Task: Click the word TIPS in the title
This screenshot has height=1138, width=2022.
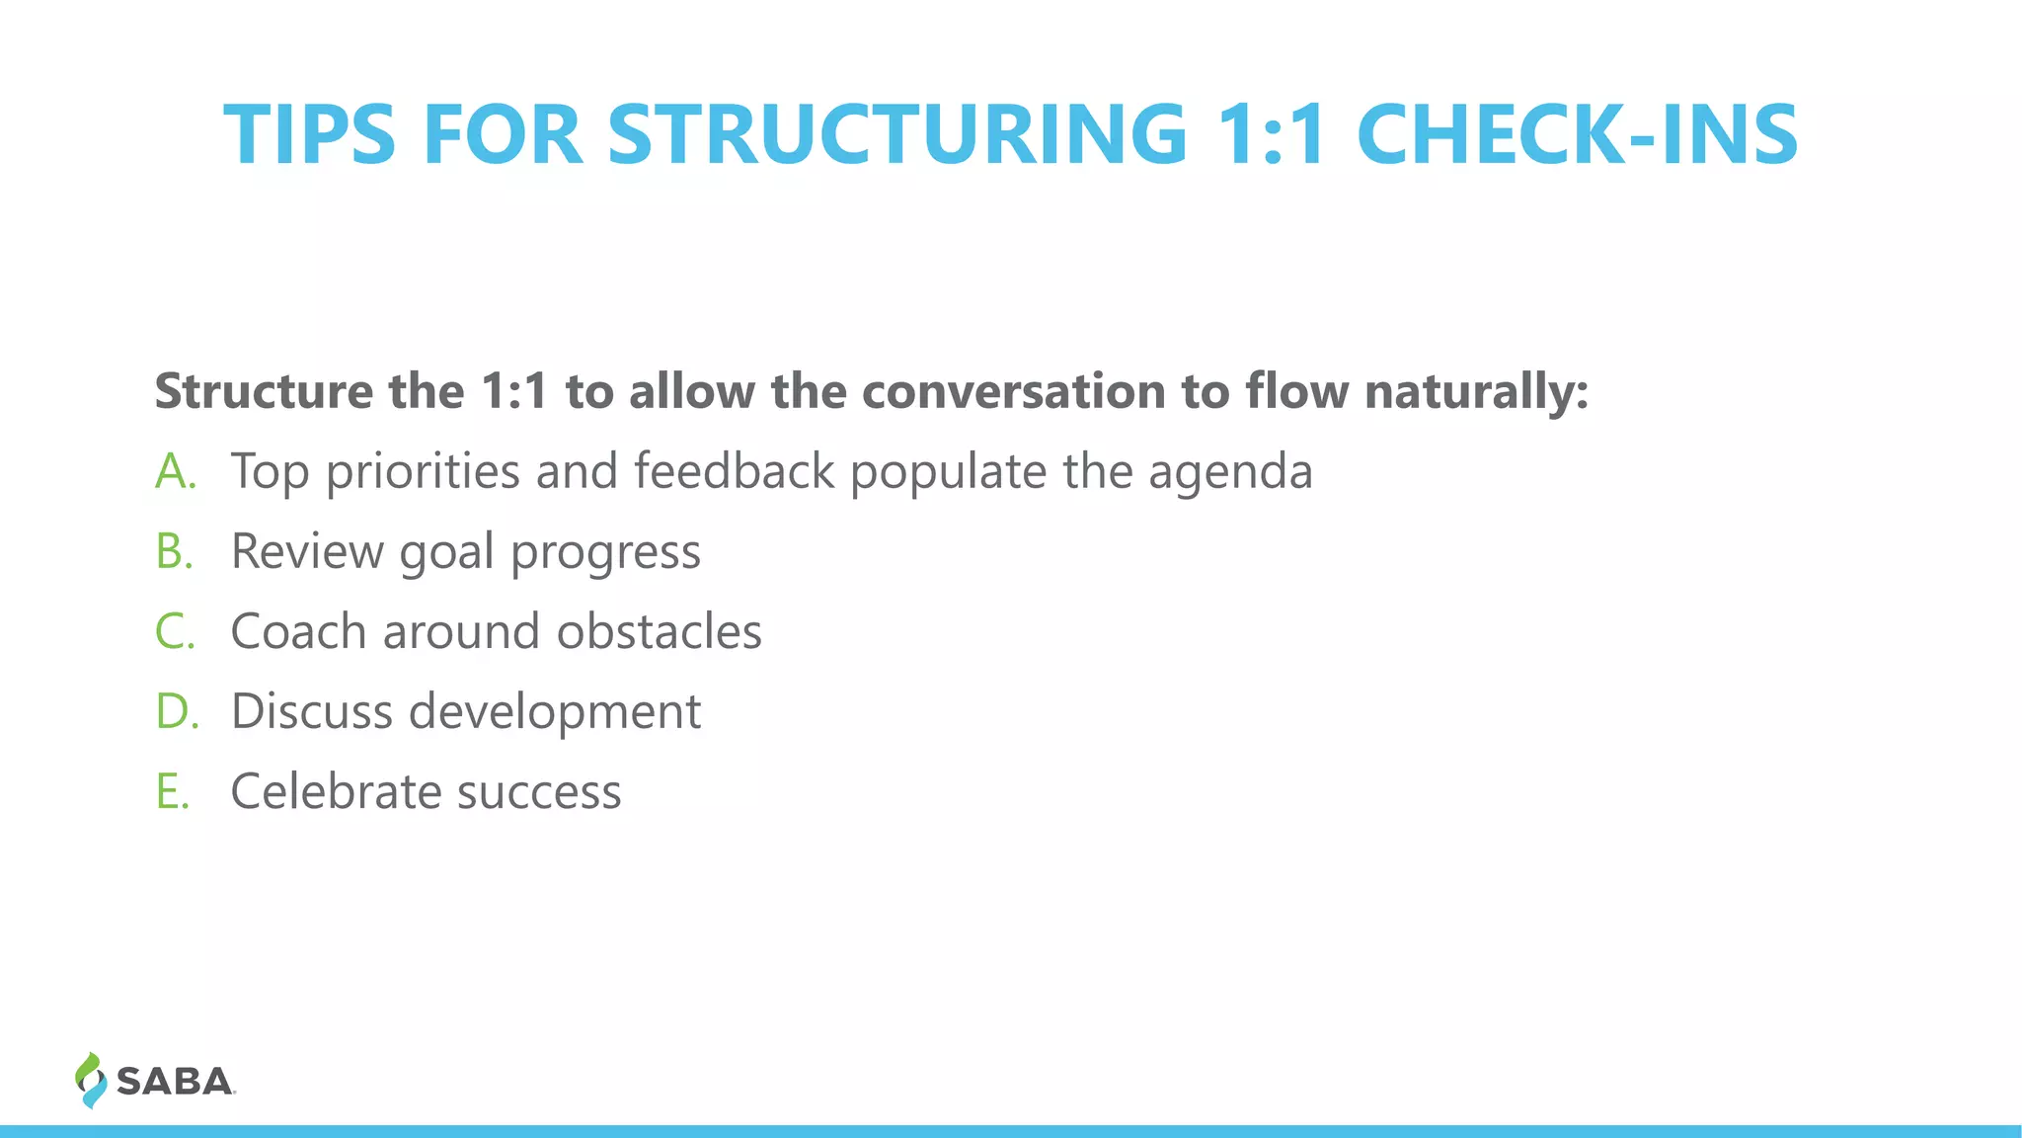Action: tap(309, 134)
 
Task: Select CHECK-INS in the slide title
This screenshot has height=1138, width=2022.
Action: tap(1577, 134)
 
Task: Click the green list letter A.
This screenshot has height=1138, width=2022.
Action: tap(174, 471)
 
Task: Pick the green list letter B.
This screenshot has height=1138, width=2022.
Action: tap(173, 551)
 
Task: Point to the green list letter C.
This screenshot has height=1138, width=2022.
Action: tap(174, 631)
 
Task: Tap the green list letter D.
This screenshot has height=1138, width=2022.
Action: tap(175, 711)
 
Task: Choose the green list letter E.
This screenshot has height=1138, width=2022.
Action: tap(171, 791)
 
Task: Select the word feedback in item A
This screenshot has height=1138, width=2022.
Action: tap(734, 470)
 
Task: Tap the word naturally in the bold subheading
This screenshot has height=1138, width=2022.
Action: tap(1476, 392)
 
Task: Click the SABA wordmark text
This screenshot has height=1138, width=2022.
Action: tap(175, 1082)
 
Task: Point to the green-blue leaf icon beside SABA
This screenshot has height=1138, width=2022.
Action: tap(90, 1080)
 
